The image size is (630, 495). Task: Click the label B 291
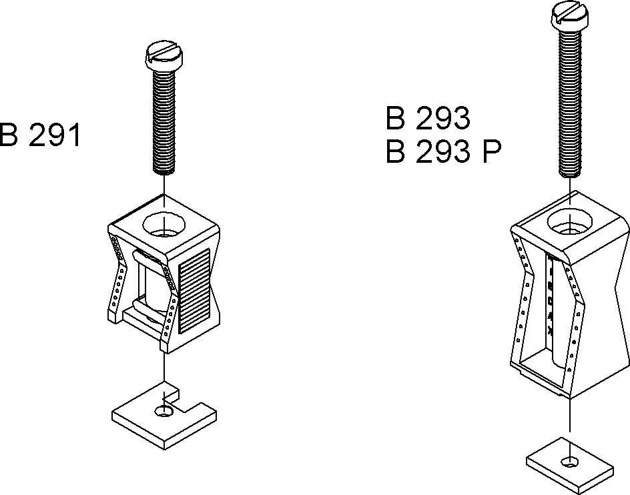(39, 135)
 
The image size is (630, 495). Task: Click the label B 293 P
(443, 153)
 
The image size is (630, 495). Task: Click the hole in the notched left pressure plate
(163, 412)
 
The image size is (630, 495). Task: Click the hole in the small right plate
(569, 461)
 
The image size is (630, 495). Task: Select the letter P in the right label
(491, 153)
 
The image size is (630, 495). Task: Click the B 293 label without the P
(428, 119)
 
